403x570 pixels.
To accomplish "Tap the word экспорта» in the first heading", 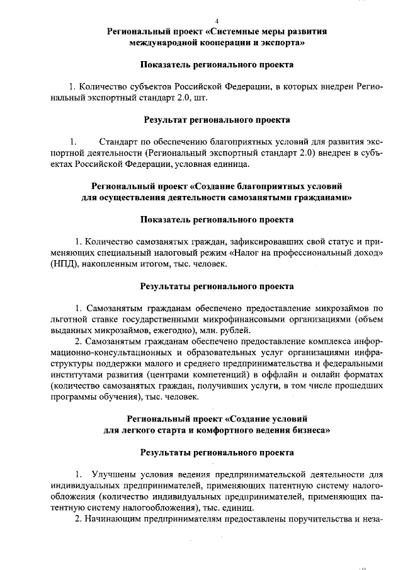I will pos(284,43).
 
